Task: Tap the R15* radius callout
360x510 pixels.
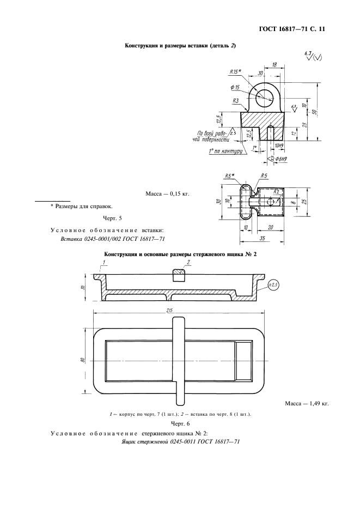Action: [x=236, y=71]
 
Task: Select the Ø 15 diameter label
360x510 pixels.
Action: [x=236, y=88]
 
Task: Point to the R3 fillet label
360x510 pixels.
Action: [x=236, y=101]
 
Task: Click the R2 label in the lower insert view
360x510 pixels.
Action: [x=277, y=192]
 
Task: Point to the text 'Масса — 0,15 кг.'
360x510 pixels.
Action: [x=167, y=193]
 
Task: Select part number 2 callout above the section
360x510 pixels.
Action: [x=187, y=262]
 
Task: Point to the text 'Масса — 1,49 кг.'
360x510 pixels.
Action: [x=307, y=403]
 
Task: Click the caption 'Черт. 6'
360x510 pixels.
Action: [x=180, y=423]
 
